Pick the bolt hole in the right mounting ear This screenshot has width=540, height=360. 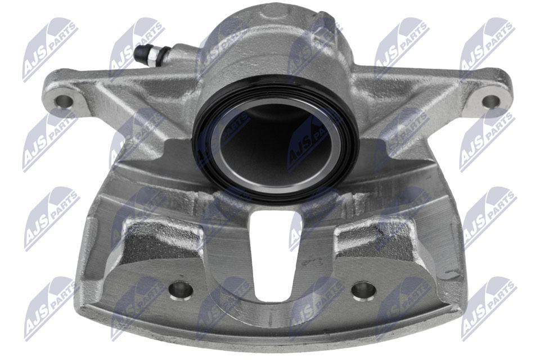[x=491, y=101]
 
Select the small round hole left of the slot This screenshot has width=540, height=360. [x=181, y=290]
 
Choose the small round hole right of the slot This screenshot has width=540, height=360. [x=363, y=290]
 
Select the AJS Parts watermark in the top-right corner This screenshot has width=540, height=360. [x=487, y=47]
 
